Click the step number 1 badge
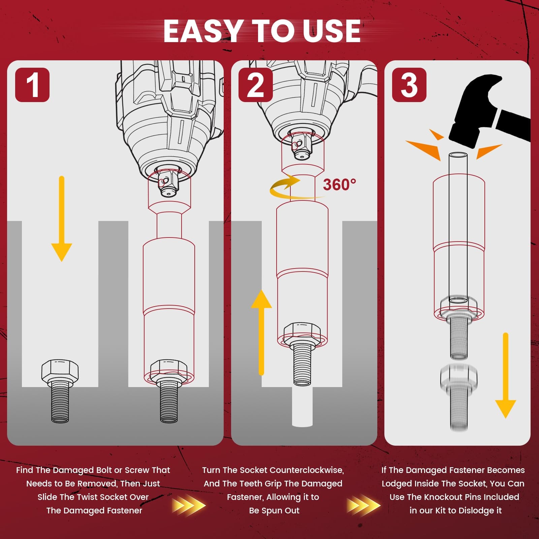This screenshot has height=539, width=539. pos(32,85)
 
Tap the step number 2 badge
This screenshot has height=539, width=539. pos(255,85)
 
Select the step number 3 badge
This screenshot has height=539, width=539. pos(409,85)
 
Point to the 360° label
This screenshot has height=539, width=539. pos(339,185)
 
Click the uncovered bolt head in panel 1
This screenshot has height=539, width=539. pos(60,370)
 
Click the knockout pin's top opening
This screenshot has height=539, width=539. pos(458,155)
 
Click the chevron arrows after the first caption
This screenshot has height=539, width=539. pos(189,505)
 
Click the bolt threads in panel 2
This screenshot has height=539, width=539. pos(303,366)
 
